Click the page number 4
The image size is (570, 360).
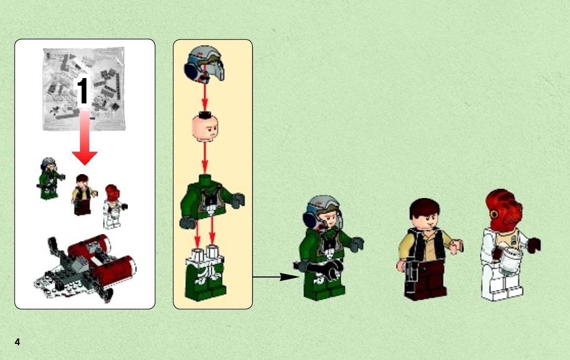coord(18,342)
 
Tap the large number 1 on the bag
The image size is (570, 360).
coord(83,91)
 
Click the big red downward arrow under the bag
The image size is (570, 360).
coord(84,138)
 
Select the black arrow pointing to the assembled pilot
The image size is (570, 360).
coord(276,277)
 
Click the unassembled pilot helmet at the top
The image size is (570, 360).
coord(204,63)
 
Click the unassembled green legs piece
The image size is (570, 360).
coord(205,273)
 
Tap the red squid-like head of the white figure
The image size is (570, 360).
coord(504,210)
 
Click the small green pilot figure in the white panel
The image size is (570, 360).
coord(50,179)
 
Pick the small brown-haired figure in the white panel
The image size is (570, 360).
coord(83,195)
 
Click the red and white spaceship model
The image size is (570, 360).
coord(85,267)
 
